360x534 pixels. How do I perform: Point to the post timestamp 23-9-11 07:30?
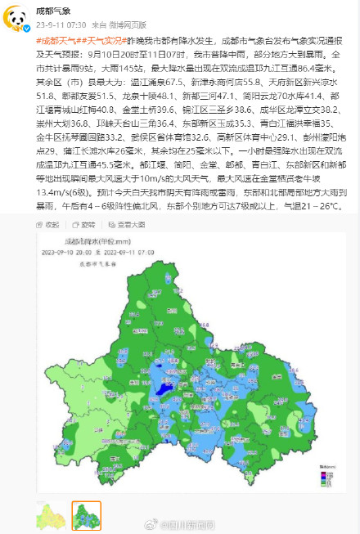[54, 24]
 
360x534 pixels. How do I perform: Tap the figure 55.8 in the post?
[250, 83]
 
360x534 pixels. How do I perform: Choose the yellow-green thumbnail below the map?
[49, 515]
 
